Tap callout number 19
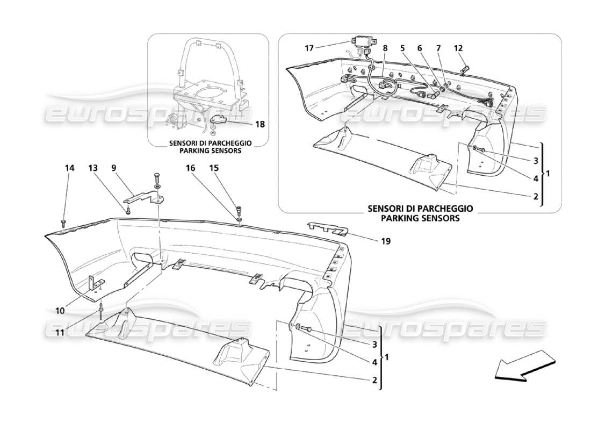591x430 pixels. (386, 241)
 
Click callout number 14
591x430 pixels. (69, 168)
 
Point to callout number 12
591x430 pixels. (458, 48)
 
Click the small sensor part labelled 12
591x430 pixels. (466, 69)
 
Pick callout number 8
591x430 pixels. (385, 48)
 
